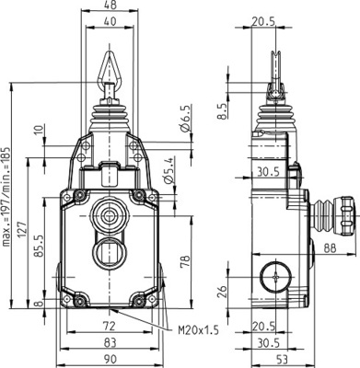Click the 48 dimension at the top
point(110,6)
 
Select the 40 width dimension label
point(110,21)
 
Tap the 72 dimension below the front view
point(108,327)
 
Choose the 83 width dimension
point(108,341)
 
